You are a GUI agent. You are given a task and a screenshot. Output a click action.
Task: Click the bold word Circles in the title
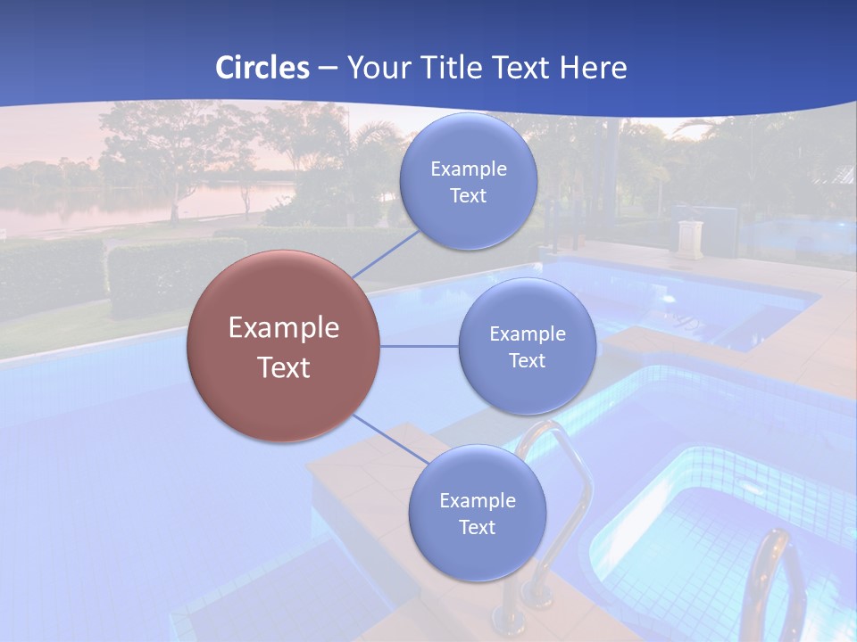(262, 68)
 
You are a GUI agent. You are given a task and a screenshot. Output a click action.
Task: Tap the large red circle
(284, 346)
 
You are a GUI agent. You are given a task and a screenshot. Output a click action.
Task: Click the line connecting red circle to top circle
(387, 254)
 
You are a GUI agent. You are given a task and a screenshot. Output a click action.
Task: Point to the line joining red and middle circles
(420, 347)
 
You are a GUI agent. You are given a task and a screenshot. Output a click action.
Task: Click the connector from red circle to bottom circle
(389, 439)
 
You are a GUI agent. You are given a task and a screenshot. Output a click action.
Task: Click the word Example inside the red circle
(284, 327)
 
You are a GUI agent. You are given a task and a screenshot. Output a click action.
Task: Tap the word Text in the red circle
(284, 367)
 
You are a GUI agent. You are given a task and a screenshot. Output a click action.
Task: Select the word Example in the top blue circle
(469, 169)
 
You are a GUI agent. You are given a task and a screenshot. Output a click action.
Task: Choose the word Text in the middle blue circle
(527, 360)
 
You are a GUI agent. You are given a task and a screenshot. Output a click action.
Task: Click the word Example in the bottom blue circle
(478, 500)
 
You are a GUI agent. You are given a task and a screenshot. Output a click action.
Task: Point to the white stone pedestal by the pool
(689, 237)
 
